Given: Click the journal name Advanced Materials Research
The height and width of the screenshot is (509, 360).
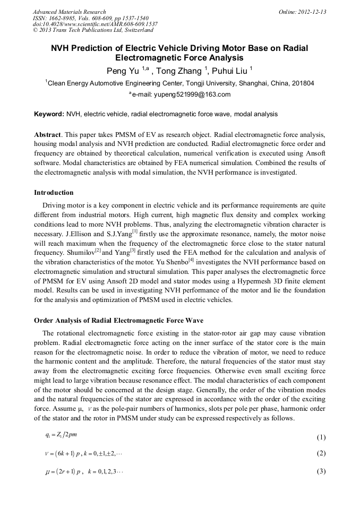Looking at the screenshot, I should point(69,12).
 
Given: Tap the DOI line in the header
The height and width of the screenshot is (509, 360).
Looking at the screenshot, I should point(95,24).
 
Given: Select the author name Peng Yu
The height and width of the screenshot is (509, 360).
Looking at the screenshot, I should point(124,71).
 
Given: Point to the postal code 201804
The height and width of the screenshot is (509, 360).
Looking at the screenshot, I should point(303,83).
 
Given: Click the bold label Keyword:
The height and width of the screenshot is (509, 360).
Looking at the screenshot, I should point(49,114).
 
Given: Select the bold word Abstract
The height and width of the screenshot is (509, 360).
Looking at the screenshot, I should point(48,135).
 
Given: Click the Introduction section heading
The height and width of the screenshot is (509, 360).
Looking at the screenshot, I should point(54,192).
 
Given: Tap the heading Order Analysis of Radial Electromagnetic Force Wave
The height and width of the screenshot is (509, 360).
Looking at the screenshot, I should point(118,320).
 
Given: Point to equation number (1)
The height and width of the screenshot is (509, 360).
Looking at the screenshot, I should point(321,438).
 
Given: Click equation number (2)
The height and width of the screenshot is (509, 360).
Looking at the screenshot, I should point(321,454).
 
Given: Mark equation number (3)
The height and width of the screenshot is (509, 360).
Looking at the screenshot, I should point(321,471).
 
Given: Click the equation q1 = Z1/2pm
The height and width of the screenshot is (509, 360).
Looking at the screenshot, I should point(61,436).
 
